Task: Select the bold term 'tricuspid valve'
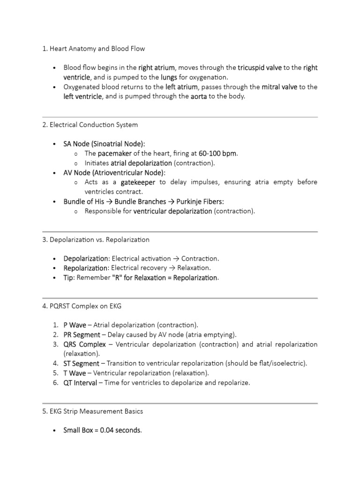click(x=259, y=67)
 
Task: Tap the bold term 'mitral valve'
click(x=279, y=87)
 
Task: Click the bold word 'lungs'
click(x=169, y=77)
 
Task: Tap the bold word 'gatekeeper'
click(x=138, y=182)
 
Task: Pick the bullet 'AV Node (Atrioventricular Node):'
click(x=114, y=172)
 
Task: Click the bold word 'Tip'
click(x=68, y=277)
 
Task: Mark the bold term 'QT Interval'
click(x=80, y=383)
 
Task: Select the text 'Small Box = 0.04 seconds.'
click(x=102, y=430)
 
